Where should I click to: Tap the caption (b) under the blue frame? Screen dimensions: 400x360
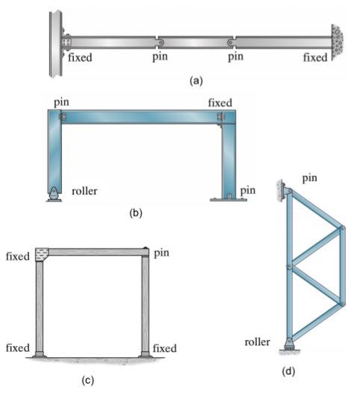point(135,213)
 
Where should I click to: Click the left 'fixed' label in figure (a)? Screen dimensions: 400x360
point(80,58)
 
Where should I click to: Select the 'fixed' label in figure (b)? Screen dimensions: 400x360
point(220,102)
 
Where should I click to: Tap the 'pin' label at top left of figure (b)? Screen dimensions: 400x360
point(61,101)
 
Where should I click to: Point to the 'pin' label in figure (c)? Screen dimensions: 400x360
point(162,253)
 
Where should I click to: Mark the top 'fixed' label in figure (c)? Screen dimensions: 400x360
point(17,256)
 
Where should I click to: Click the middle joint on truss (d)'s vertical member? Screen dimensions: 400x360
point(289,265)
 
